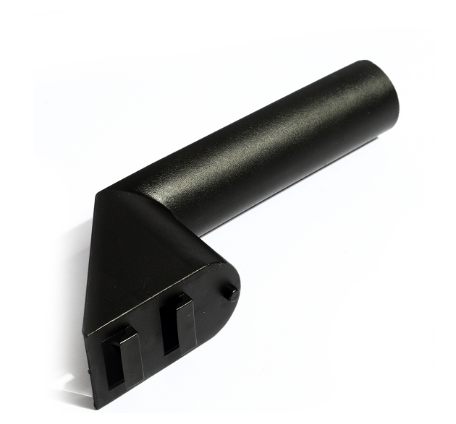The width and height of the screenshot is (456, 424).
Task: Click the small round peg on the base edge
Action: click(x=229, y=293)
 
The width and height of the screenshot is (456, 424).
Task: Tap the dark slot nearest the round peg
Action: click(x=172, y=329)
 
